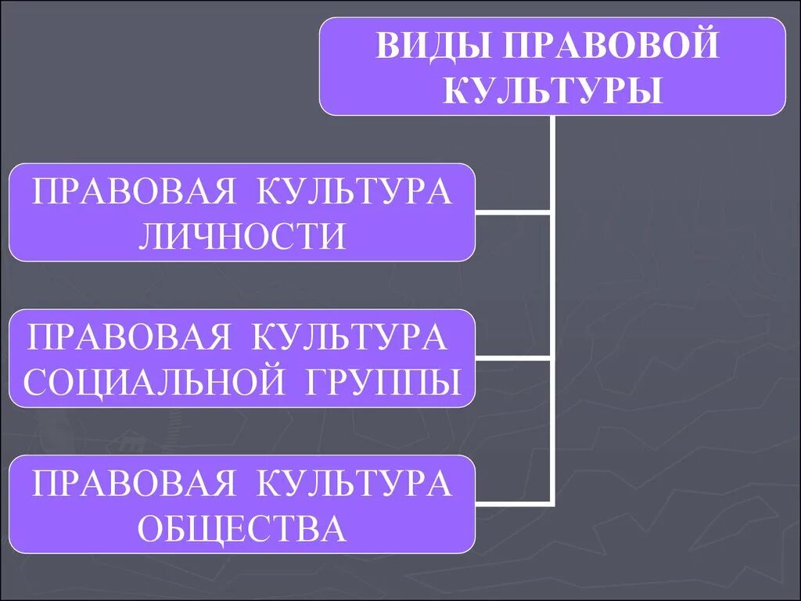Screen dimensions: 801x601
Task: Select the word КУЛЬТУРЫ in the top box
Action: (552, 90)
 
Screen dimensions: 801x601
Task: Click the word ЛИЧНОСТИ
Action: (242, 236)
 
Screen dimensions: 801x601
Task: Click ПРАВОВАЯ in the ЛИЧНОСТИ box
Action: (133, 193)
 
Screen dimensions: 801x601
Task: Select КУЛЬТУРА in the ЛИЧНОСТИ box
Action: (354, 193)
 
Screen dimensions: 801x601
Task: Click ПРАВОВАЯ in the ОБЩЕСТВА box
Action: (133, 484)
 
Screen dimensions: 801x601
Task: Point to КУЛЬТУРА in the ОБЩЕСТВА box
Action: (354, 484)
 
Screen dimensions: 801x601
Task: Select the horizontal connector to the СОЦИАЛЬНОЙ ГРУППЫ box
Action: (513, 358)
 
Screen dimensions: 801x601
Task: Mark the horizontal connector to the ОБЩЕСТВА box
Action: (513, 504)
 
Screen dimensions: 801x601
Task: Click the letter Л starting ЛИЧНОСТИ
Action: (150, 236)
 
